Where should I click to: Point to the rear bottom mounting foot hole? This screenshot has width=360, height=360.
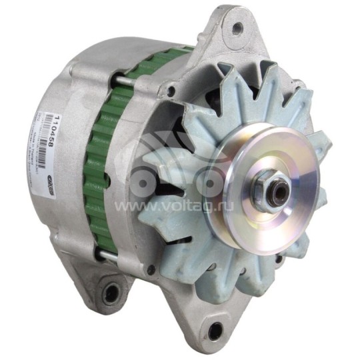110,291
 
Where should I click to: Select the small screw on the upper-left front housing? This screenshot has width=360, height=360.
171,91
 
